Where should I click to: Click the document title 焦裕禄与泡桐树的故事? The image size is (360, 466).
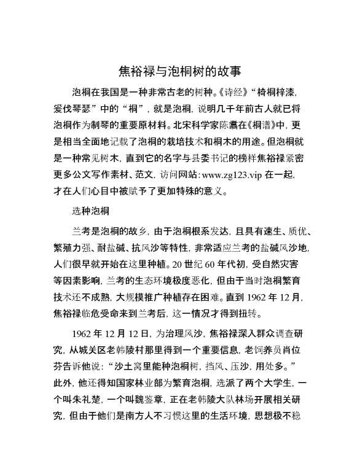tap(179, 71)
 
